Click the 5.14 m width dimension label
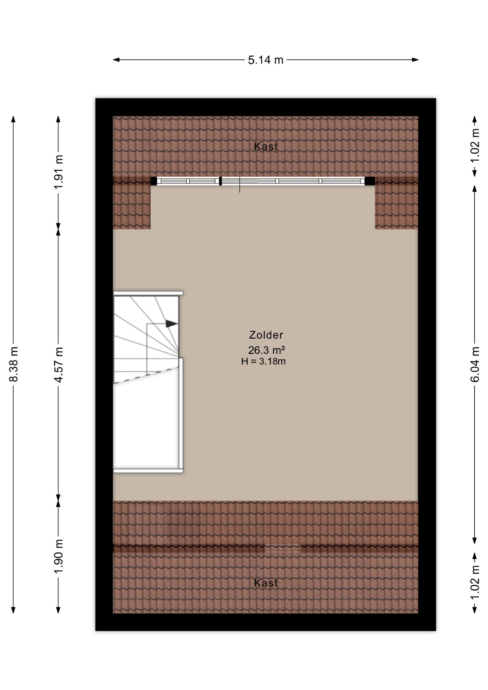(266, 60)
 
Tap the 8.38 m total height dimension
(14, 364)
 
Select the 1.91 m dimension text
(59, 172)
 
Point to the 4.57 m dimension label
(59, 364)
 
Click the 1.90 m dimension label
(59, 556)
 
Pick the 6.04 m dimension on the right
(475, 364)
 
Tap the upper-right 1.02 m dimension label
(475, 146)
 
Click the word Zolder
(266, 335)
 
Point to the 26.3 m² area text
(266, 350)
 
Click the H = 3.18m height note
(263, 362)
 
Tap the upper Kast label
(266, 146)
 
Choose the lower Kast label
(266, 583)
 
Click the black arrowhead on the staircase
(172, 324)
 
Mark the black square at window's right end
(370, 181)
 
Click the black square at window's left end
(154, 181)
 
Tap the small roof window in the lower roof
(283, 549)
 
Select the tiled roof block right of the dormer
(396, 203)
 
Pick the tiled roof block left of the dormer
(132, 203)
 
